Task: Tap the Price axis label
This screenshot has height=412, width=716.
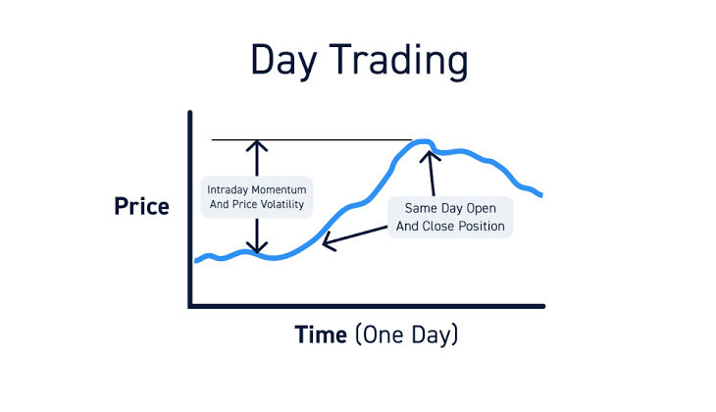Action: [142, 207]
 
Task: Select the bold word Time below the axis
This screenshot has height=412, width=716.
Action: [321, 335]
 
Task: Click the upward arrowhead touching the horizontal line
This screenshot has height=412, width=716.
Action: [257, 145]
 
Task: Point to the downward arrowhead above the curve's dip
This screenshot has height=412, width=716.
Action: [257, 249]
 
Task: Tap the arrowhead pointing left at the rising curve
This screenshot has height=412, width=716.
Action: [327, 242]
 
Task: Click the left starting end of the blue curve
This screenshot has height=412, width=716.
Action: [196, 261]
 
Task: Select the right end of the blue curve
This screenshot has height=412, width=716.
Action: [540, 195]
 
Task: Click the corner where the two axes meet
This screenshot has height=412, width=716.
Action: [190, 306]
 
